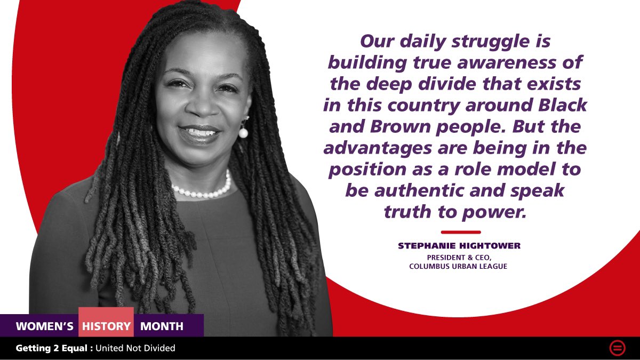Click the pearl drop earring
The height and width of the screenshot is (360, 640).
tap(243, 132)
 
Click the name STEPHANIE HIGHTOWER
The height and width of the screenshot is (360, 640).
tap(459, 246)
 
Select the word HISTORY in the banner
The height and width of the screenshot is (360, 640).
tap(106, 326)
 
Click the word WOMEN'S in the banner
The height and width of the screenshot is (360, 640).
tap(45, 326)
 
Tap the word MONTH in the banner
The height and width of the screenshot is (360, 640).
tap(162, 326)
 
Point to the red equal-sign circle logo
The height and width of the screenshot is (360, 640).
tap(617, 348)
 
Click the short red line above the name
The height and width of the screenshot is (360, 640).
tap(461, 232)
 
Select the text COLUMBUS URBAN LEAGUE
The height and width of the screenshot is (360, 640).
tap(458, 266)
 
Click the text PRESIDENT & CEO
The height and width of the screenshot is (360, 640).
tap(458, 257)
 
